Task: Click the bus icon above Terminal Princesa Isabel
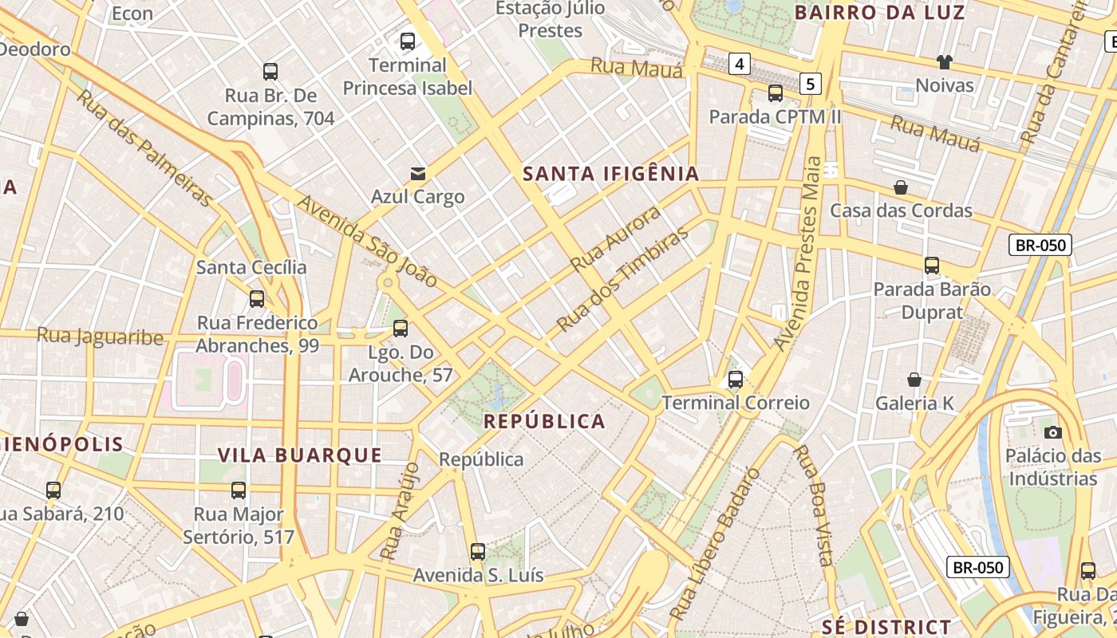(x=408, y=41)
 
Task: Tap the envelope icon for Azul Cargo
(x=417, y=173)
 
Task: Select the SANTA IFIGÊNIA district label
(x=610, y=174)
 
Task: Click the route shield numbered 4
(x=740, y=64)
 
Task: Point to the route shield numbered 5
(x=811, y=83)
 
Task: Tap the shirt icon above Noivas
(x=945, y=62)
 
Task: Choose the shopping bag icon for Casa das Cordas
(x=901, y=187)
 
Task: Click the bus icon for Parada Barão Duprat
(x=931, y=266)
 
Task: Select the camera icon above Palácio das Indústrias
(x=1053, y=432)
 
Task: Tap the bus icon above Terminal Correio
(x=736, y=380)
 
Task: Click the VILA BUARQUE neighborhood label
(x=300, y=455)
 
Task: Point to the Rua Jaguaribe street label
(x=100, y=337)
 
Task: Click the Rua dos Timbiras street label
(x=622, y=279)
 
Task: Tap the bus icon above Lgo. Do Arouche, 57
(x=401, y=329)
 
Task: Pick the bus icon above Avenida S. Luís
(x=478, y=552)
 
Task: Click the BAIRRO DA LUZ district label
(x=880, y=13)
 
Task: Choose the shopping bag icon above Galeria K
(x=914, y=380)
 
